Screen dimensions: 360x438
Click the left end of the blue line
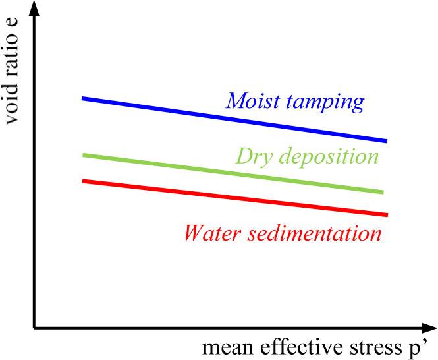[83, 98]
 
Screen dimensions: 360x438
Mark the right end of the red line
[386, 214]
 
